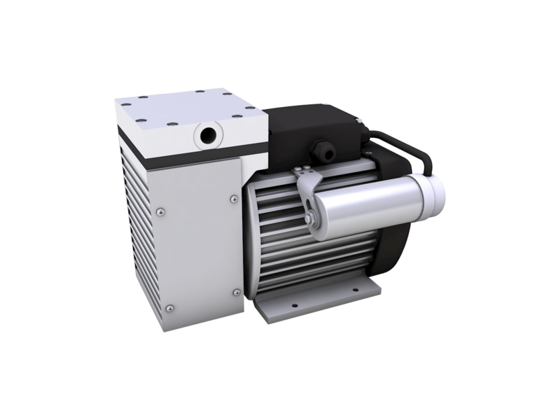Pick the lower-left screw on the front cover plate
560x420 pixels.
point(168,305)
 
